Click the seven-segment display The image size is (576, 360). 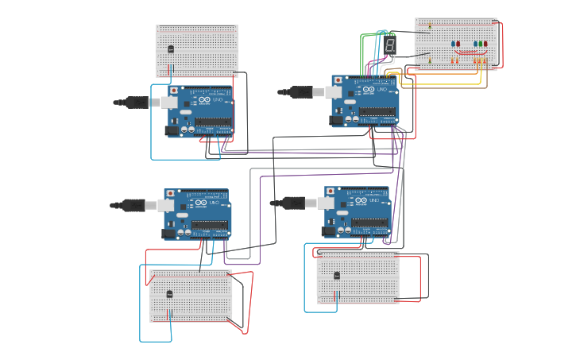[390, 45]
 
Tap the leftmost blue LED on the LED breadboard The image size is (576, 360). [453, 45]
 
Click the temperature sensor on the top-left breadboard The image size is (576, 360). [171, 49]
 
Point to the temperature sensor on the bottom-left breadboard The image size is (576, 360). [169, 294]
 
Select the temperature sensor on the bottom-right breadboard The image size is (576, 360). [337, 276]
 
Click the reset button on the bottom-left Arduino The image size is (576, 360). [171, 194]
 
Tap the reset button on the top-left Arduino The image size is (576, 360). [174, 91]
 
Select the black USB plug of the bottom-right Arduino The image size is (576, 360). [289, 203]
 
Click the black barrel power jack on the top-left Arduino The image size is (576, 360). [172, 130]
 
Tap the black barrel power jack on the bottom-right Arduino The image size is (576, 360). [328, 231]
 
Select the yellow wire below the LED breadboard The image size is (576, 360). [445, 82]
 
